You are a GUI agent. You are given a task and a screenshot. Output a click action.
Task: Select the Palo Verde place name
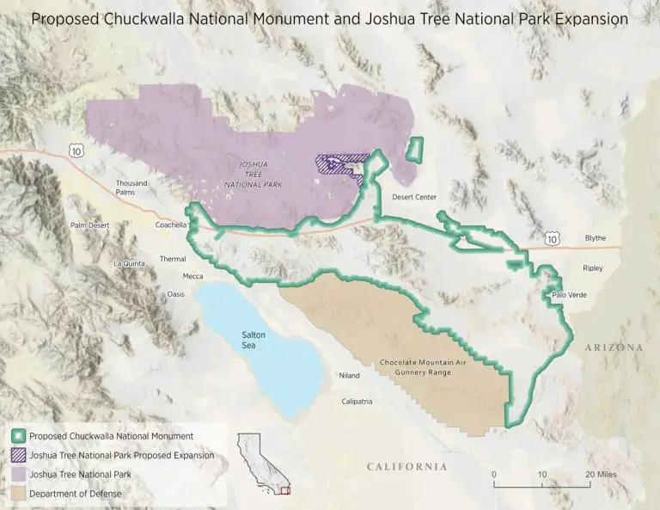(568, 296)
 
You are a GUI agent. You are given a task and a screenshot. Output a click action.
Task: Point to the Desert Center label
(414, 197)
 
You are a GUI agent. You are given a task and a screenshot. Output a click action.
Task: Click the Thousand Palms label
(132, 187)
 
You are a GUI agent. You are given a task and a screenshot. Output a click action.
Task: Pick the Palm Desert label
(91, 225)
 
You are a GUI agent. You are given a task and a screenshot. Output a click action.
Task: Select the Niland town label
(349, 375)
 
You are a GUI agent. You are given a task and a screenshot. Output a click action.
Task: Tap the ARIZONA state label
(614, 347)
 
